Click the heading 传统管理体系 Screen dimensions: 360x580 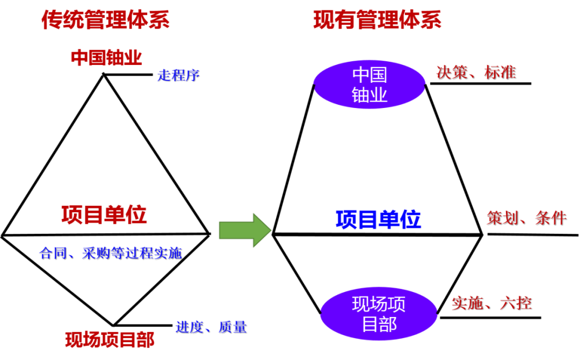[105, 20]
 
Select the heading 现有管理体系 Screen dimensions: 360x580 [377, 20]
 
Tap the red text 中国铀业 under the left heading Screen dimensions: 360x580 [106, 57]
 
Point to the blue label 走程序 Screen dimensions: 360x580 [178, 75]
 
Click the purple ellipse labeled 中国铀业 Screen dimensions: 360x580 [369, 84]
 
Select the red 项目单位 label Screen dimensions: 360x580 [104, 215]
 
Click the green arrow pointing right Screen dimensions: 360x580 [245, 231]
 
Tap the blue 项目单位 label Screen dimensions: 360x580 [378, 219]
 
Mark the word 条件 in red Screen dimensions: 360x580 [550, 218]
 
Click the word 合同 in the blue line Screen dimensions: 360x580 [53, 253]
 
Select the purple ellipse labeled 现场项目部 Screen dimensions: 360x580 [379, 314]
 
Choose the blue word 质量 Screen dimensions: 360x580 [232, 326]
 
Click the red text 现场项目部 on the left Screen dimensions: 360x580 [110, 340]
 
